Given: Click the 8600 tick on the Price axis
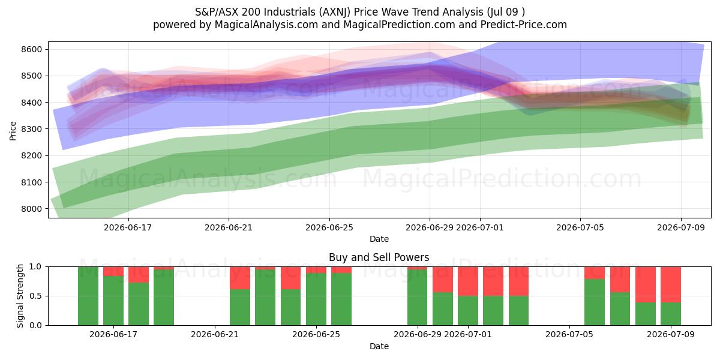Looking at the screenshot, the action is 32,49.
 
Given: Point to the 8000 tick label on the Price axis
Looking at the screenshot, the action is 32,209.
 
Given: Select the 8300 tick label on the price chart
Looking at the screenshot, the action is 32,129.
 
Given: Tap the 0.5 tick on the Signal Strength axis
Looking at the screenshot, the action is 35,296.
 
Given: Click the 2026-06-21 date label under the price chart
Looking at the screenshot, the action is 229,227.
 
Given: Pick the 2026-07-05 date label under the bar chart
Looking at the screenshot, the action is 569,335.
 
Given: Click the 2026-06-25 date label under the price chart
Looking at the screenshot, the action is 329,227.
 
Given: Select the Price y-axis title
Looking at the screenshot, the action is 13,131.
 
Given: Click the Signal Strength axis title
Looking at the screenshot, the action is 20,296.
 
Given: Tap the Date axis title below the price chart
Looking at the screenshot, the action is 379,239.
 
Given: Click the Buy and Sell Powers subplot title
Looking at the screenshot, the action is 379,257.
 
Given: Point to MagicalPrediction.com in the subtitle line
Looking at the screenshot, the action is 399,25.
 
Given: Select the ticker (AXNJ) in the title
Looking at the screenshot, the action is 334,12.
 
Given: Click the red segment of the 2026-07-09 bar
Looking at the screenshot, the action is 671,284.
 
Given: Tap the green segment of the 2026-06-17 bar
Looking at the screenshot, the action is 113,301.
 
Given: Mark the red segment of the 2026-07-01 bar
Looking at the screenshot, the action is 468,281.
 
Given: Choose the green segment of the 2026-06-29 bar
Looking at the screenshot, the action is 417,298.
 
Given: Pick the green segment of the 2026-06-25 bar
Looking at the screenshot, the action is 316,299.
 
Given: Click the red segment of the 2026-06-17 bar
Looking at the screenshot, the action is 113,271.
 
